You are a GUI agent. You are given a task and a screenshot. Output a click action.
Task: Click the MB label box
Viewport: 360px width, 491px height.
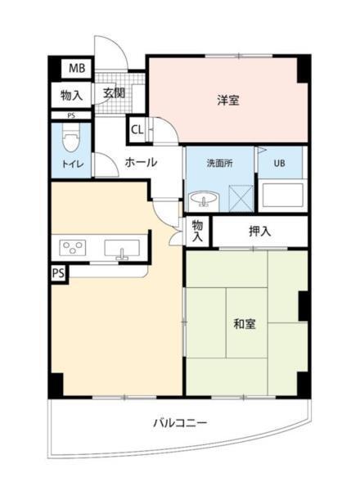[x=75, y=69]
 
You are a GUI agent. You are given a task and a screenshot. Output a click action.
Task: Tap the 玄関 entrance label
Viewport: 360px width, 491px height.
[x=114, y=93]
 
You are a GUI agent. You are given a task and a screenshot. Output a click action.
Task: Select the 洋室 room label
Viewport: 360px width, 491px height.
[x=228, y=101]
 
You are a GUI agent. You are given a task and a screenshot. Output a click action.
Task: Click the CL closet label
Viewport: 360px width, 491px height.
[x=137, y=129]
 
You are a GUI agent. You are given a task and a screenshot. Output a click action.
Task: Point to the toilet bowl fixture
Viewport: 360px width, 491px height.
[x=70, y=140]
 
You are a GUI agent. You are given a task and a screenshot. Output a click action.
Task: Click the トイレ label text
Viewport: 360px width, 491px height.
[x=71, y=164]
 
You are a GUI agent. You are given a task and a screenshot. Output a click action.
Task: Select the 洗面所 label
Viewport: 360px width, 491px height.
[x=219, y=163]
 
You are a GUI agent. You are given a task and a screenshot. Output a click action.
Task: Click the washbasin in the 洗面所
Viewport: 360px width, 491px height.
[x=200, y=199]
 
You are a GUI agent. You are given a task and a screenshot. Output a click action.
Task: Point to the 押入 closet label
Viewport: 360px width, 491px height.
[x=260, y=232]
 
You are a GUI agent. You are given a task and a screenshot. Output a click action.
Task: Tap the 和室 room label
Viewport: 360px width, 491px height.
[x=244, y=323]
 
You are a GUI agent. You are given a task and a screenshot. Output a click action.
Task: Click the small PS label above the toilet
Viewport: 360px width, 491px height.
[x=72, y=116]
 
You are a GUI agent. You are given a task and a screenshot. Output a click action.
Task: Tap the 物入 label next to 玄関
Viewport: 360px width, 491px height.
[x=72, y=94]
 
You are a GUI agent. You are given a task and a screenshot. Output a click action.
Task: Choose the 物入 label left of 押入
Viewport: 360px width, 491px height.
[x=198, y=230]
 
